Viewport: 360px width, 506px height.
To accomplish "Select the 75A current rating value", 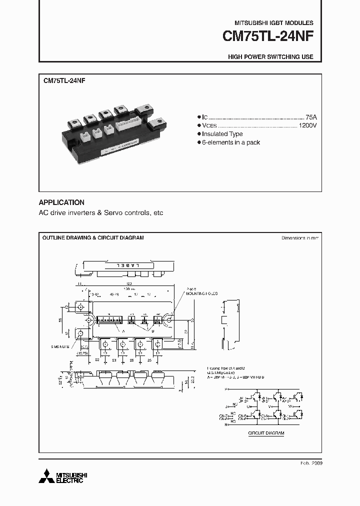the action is [x=310, y=116].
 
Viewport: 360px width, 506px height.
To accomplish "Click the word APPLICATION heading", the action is [x=61, y=202].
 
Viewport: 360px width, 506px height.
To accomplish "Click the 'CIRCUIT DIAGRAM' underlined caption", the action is [x=266, y=433].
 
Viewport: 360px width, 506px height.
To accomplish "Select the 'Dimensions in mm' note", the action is [x=299, y=238].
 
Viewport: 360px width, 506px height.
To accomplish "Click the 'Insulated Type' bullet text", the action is [x=223, y=134].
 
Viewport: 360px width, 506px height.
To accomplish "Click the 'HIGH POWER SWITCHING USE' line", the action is [x=270, y=57].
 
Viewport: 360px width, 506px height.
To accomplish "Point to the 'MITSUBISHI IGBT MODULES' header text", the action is [x=274, y=23].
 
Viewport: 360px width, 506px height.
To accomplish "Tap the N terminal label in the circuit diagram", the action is [x=226, y=424].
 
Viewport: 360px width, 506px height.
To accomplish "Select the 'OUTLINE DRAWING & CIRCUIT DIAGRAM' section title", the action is [x=93, y=238].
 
